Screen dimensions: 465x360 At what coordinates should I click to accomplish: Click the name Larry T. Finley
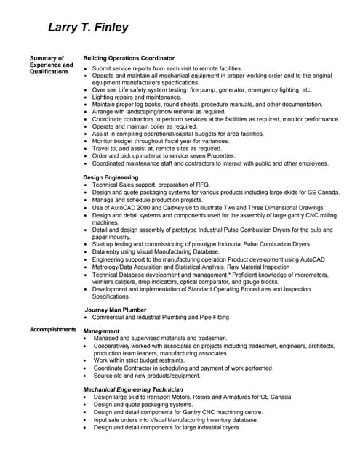[88, 28]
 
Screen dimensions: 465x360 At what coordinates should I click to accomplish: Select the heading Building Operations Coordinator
[129, 58]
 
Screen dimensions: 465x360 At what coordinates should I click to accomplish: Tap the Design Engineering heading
[111, 177]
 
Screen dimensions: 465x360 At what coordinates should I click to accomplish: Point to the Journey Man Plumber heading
[116, 310]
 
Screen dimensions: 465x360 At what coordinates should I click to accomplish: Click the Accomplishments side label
[52, 330]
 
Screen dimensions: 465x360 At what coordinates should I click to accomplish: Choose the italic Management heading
[101, 331]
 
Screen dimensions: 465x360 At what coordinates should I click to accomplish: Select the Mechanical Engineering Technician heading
[132, 389]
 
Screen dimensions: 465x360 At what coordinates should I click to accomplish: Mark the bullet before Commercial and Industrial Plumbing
[87, 318]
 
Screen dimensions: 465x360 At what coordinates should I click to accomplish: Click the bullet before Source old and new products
[87, 376]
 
